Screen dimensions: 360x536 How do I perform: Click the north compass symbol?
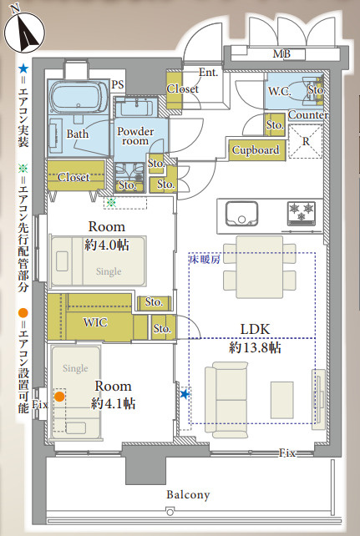(x=24, y=32)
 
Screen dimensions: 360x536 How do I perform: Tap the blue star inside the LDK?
(x=185, y=394)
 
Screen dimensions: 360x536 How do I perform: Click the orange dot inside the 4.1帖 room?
(x=59, y=397)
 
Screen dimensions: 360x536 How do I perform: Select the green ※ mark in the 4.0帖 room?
(x=111, y=203)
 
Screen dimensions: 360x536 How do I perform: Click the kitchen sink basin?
(x=241, y=213)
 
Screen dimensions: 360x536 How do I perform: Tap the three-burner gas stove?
(x=302, y=213)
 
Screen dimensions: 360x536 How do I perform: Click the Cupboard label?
(x=256, y=149)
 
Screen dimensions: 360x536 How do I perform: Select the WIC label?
(x=95, y=322)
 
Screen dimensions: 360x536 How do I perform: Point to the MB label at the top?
(x=281, y=53)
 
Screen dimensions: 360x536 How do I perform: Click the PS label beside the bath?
(x=117, y=84)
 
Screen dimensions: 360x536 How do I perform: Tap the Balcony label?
(x=188, y=494)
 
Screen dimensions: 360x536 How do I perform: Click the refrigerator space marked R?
(x=306, y=142)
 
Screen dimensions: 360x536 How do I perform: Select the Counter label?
(x=308, y=115)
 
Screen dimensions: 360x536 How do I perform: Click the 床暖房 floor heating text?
(x=205, y=260)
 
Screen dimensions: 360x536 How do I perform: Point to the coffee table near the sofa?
(x=282, y=400)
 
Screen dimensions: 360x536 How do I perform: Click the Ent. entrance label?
(x=208, y=73)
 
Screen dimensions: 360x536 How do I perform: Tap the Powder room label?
(x=135, y=136)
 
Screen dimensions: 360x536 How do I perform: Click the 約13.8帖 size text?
(x=255, y=347)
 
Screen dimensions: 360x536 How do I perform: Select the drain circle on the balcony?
(x=170, y=512)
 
